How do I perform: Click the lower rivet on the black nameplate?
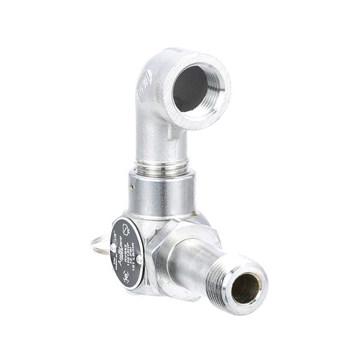click(139, 259)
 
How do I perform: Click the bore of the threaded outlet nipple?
click(245, 289)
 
